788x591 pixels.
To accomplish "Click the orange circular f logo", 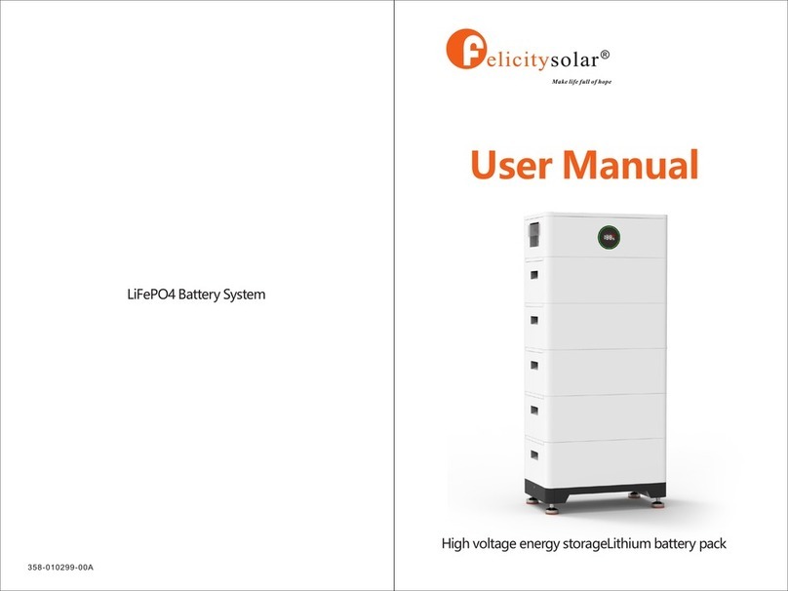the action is pos(466,49).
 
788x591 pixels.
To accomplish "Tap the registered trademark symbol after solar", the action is pos(605,54).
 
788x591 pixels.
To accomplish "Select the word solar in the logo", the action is pos(573,60).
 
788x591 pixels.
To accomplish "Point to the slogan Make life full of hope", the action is pos(581,81).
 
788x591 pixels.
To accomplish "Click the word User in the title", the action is pos(512,165).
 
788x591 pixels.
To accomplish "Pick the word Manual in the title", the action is pos(631,165).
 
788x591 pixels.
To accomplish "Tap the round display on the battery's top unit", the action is pos(609,237).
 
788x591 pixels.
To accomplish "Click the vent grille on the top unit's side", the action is pos(534,235).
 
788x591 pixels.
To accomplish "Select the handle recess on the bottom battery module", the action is pos(534,454).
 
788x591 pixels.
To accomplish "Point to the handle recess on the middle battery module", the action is pos(534,365).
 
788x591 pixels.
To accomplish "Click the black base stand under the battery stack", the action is pos(595,490).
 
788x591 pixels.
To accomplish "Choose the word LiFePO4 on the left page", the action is pos(151,295).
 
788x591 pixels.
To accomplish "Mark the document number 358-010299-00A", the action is pos(60,568).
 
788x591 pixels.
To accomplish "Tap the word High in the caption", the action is pos(455,544).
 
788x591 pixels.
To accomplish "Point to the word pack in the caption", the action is pos(712,544).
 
